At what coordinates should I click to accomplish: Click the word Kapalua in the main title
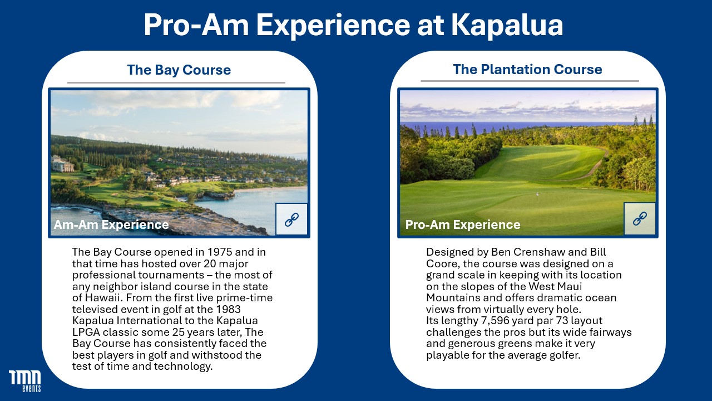[507, 26]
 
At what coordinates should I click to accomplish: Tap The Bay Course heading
[179, 70]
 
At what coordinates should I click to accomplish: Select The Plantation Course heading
[528, 70]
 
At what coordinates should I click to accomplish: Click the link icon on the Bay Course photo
[291, 219]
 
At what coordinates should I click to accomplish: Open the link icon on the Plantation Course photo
[640, 219]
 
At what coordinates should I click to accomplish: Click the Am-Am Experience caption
[111, 224]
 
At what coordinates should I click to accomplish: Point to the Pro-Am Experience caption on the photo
[463, 224]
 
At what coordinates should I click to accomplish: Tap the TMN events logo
[25, 381]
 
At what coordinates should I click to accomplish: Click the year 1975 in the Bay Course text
[220, 252]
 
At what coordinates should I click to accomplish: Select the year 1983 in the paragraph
[228, 309]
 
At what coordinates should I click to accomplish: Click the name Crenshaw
[539, 252]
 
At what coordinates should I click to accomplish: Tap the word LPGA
[86, 332]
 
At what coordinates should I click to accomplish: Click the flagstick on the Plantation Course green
[537, 194]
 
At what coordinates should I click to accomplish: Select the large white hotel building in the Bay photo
[62, 164]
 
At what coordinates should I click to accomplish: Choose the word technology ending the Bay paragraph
[183, 366]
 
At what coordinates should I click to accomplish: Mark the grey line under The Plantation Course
[530, 81]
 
